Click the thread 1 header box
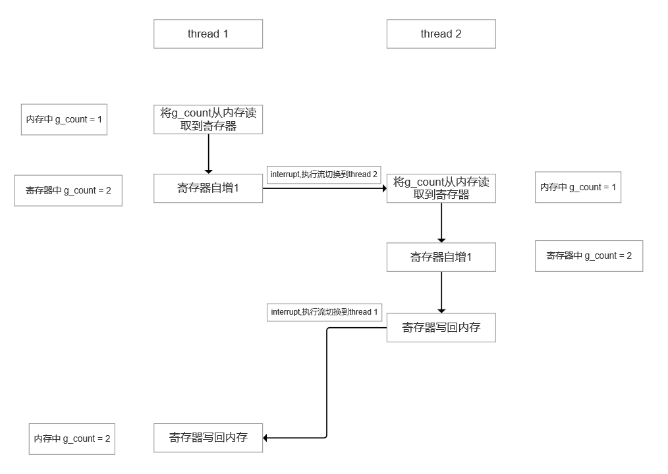coord(208,34)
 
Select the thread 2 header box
coord(441,34)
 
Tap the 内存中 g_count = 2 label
coord(72,438)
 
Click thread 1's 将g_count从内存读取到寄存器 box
coord(208,119)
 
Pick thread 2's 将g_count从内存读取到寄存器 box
coord(441,188)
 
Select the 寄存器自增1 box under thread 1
coord(208,188)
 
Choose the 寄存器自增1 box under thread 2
coord(441,257)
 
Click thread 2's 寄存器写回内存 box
coord(441,327)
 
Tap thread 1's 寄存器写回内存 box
coord(208,437)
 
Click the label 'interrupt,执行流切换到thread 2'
coord(323,174)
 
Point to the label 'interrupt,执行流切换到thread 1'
coord(324,311)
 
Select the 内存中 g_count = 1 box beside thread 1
coord(64,120)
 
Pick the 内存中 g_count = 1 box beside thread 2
coord(578,188)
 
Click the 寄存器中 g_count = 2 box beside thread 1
coord(68,191)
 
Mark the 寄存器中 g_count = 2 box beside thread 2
coord(588,256)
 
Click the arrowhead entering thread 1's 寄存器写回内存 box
coord(267,438)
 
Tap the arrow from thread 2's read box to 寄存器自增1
coord(441,223)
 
